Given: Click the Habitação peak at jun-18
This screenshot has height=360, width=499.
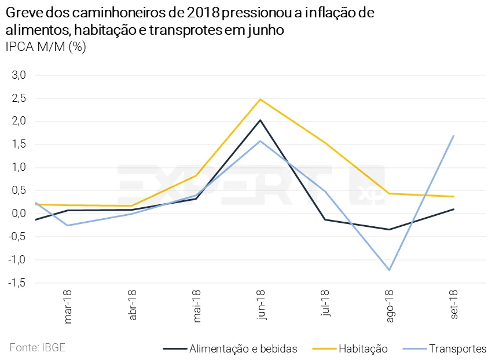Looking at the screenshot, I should (260, 100).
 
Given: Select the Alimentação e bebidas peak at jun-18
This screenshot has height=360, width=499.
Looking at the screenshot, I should (260, 120).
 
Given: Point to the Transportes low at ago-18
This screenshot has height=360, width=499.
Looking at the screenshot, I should (389, 270).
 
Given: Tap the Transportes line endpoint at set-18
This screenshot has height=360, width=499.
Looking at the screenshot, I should (453, 136).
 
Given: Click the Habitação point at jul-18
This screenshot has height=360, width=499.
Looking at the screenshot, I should (325, 143).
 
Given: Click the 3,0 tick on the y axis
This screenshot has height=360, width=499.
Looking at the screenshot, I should (19, 75).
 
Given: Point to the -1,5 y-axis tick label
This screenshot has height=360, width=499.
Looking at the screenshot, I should (17, 283).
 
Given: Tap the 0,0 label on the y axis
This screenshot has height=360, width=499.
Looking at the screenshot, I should (19, 214).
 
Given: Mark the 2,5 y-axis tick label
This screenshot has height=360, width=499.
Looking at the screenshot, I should (19, 98).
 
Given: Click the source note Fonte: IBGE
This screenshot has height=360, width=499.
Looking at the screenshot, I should (37, 348).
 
